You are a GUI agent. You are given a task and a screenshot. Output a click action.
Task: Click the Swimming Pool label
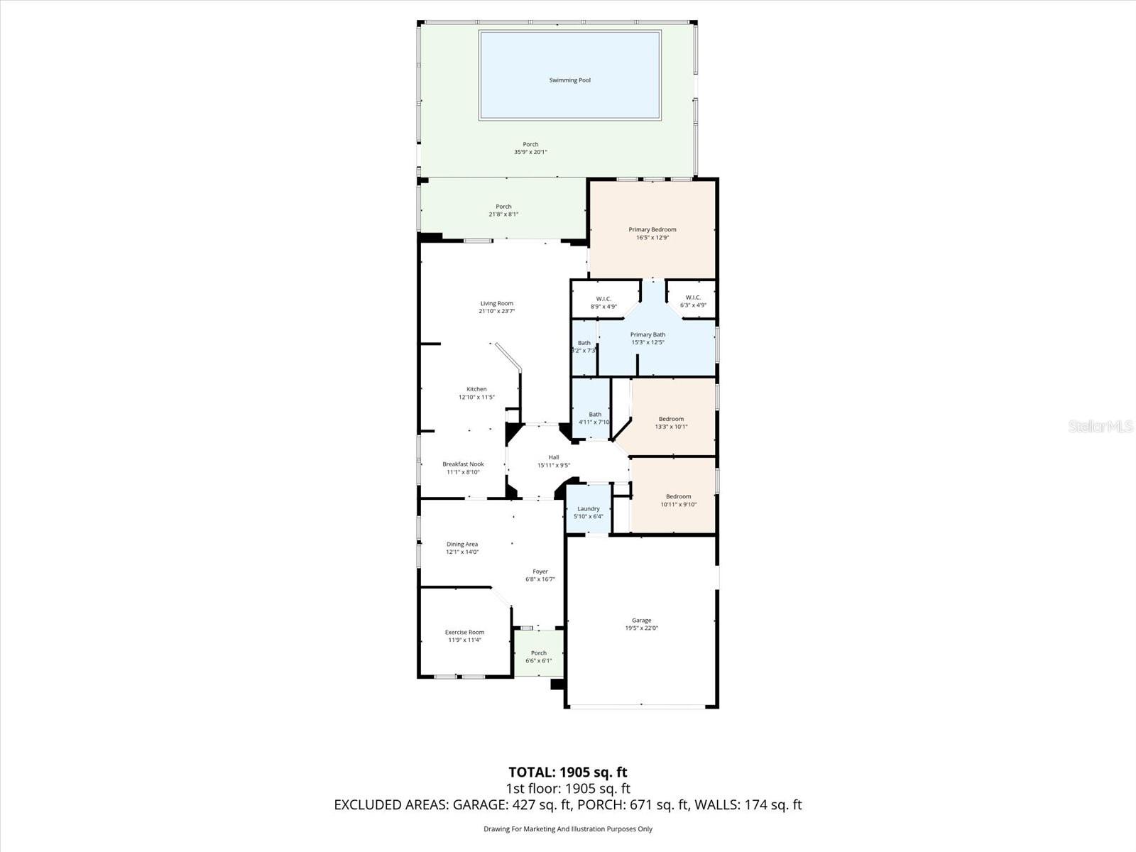pyautogui.click(x=569, y=80)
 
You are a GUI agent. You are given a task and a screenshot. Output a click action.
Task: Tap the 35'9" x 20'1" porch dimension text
pyautogui.click(x=530, y=152)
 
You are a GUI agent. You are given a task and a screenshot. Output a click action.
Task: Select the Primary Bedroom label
pyautogui.click(x=652, y=229)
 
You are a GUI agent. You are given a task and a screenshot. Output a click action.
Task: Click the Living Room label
pyautogui.click(x=496, y=303)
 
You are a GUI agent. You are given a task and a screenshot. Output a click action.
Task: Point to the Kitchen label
pyautogui.click(x=476, y=389)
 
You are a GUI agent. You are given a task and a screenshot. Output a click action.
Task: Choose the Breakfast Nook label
pyautogui.click(x=463, y=464)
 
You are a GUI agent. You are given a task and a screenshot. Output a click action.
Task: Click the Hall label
pyautogui.click(x=553, y=457)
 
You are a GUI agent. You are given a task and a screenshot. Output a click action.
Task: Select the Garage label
pyautogui.click(x=641, y=620)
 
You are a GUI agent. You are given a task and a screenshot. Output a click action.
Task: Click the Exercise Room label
pyautogui.click(x=464, y=632)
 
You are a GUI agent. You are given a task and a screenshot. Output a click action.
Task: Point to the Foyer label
pyautogui.click(x=540, y=571)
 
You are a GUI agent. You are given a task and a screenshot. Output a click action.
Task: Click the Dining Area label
pyautogui.click(x=461, y=544)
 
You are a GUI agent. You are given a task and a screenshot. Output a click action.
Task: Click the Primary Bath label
pyautogui.click(x=648, y=334)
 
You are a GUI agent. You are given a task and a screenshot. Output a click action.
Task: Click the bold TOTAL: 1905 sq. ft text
pyautogui.click(x=567, y=772)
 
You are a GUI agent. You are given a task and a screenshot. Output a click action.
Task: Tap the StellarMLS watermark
pyautogui.click(x=1100, y=426)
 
